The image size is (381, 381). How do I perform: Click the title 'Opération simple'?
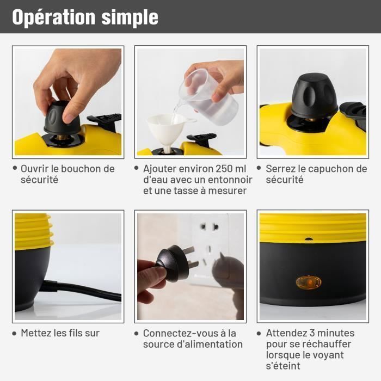[85, 17]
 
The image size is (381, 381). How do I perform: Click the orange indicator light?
[308, 282]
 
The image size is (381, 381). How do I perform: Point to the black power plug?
[173, 263]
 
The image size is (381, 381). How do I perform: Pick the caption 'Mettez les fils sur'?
[60, 333]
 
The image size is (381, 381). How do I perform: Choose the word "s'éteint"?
[282, 366]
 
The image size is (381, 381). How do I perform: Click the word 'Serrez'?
[280, 169]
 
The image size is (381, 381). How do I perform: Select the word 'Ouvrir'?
[35, 169]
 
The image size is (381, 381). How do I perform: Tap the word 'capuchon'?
[324, 169]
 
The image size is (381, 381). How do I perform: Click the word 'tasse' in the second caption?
[188, 190]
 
